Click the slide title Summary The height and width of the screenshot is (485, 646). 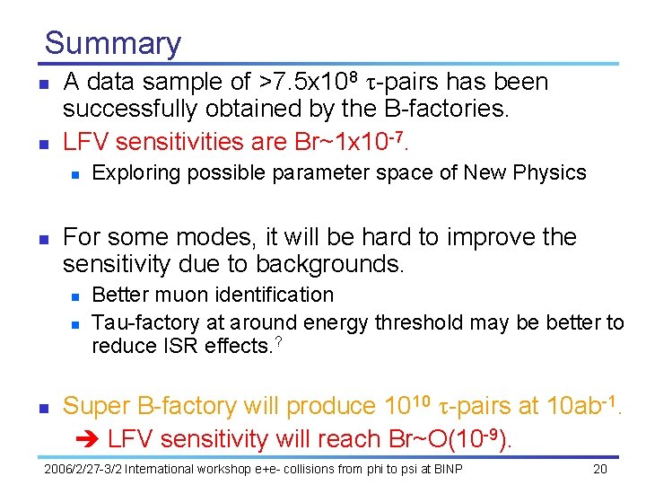[x=112, y=43]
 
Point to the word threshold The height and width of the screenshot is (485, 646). [x=420, y=322]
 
